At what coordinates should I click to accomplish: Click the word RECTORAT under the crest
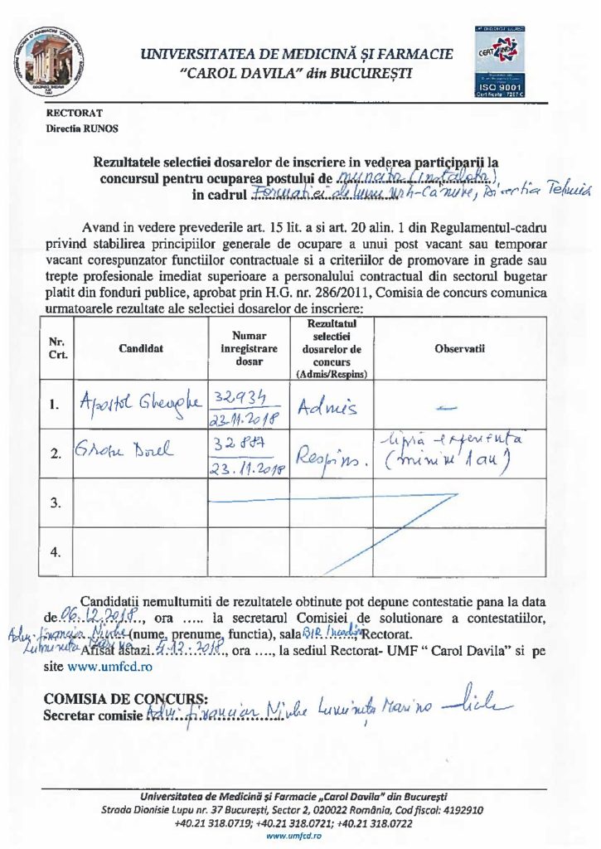click(75, 113)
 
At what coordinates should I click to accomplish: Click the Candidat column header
click(140, 348)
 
